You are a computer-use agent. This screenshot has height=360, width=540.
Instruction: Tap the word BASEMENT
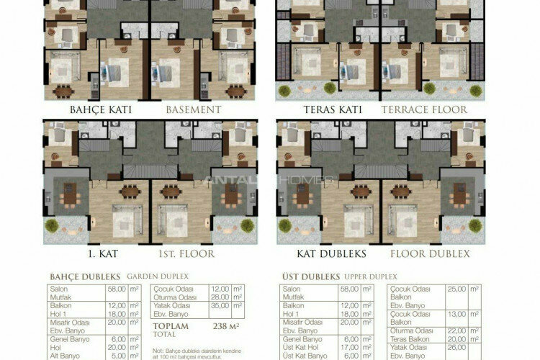coord(193,110)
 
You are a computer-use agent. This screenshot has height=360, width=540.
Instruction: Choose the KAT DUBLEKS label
coord(331,254)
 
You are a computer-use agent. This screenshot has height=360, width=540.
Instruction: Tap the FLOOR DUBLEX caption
coord(430,254)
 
